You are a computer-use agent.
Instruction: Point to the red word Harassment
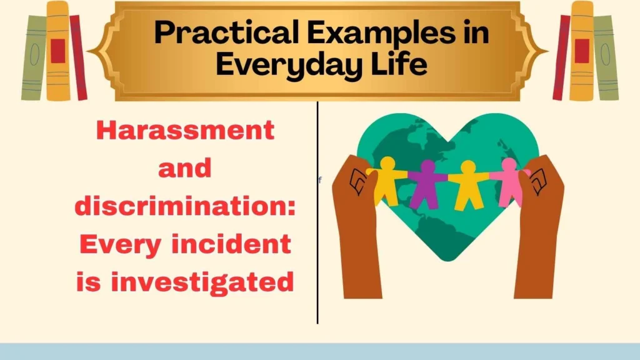click(x=186, y=130)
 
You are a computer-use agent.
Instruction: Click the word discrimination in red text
click(x=185, y=206)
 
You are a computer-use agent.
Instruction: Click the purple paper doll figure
click(x=427, y=182)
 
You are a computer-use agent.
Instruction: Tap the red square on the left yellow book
click(x=58, y=51)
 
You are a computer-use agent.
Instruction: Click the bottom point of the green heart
click(x=447, y=258)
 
